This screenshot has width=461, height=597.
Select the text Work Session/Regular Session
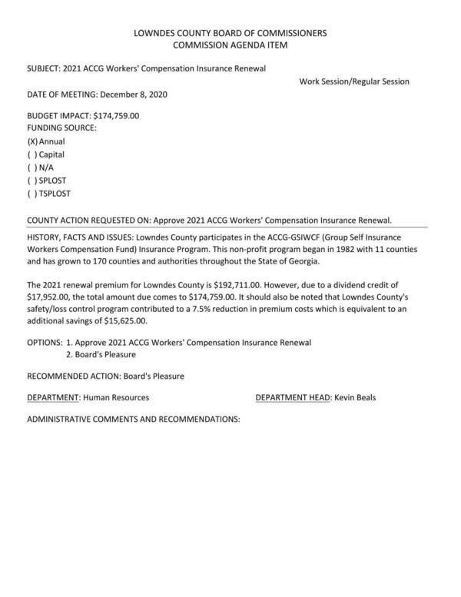point(354,81)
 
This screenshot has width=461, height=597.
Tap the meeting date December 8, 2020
point(133,95)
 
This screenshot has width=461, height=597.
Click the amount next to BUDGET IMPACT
point(116,116)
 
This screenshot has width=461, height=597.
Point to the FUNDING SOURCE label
point(61,128)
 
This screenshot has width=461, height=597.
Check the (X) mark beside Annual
point(32,142)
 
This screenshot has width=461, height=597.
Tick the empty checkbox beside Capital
point(32,154)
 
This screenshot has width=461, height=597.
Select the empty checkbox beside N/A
point(32,167)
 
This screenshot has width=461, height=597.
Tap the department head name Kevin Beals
point(355,397)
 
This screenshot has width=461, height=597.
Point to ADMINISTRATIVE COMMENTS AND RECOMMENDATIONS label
point(134,420)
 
